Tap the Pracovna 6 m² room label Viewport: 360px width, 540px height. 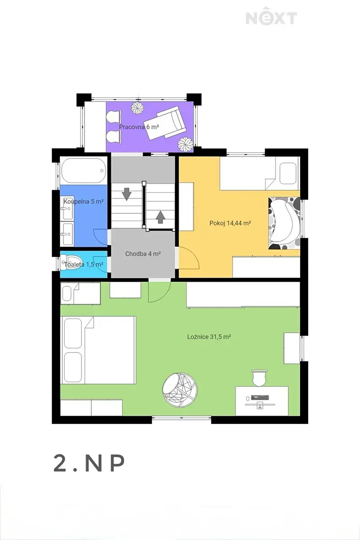pos(139,127)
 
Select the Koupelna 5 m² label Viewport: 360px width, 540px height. pos(84,201)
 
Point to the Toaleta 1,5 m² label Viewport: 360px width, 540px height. pos(84,265)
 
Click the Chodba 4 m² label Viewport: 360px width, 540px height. pos(143,254)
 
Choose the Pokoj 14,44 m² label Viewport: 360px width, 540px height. pos(230,223)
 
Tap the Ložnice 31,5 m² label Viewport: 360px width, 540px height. pos(209,337)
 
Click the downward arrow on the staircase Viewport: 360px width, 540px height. pos(126,194)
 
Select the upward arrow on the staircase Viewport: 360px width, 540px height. pos(160,217)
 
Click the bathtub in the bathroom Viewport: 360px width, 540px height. pos(84,171)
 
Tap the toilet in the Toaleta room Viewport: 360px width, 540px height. pos(72,262)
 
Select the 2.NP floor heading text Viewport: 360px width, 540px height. pos(89,463)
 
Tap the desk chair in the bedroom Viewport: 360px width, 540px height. pos(259,378)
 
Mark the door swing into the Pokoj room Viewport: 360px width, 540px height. pos(189,258)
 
